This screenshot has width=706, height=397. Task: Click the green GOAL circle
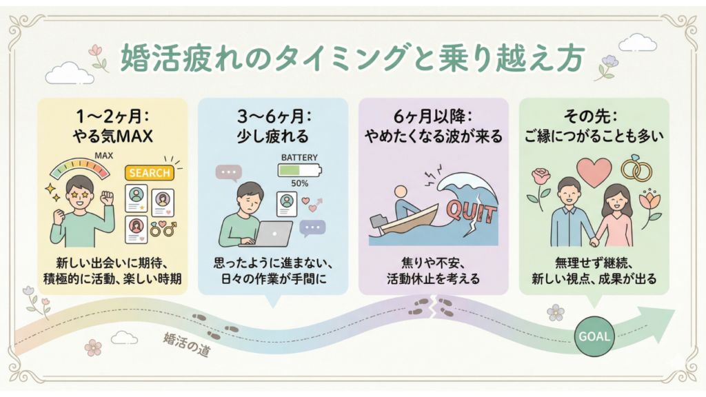(594, 336)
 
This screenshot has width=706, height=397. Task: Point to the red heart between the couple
(593, 172)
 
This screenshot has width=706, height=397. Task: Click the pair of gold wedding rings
(635, 167)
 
